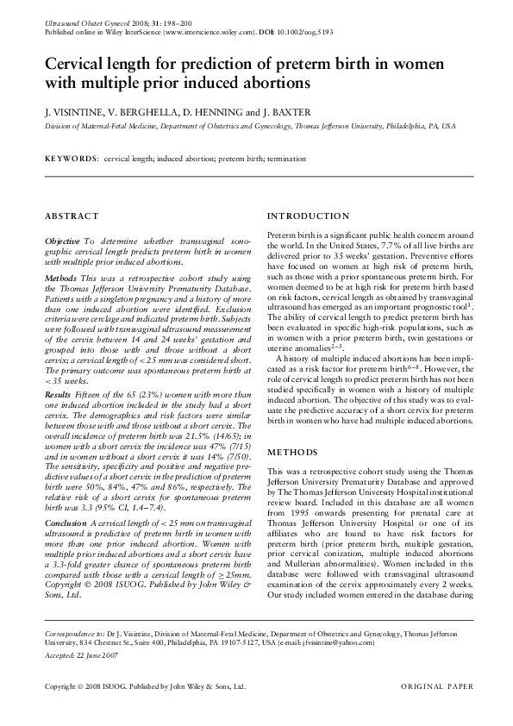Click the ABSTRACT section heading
(70, 216)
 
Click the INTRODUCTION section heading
(309, 216)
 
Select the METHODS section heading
(293, 452)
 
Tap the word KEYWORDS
(72, 160)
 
